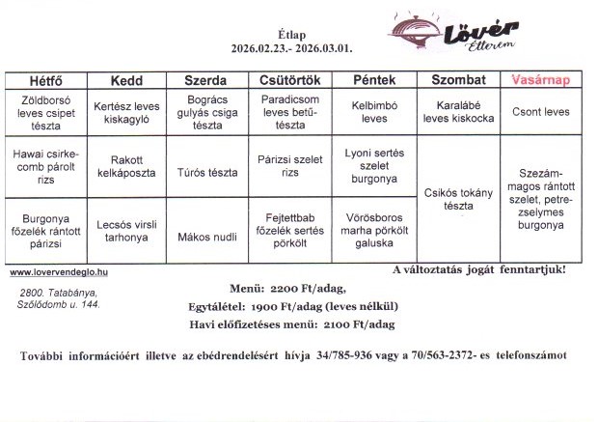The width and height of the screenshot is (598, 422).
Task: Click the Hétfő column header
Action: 45,80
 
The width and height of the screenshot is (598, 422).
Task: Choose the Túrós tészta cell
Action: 205,173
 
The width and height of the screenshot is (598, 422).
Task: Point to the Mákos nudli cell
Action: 205,235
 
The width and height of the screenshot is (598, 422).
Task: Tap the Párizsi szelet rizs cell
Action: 289,167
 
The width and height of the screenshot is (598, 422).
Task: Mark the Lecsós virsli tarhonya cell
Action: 126,230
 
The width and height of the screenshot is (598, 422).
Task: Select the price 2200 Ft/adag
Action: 307,289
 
